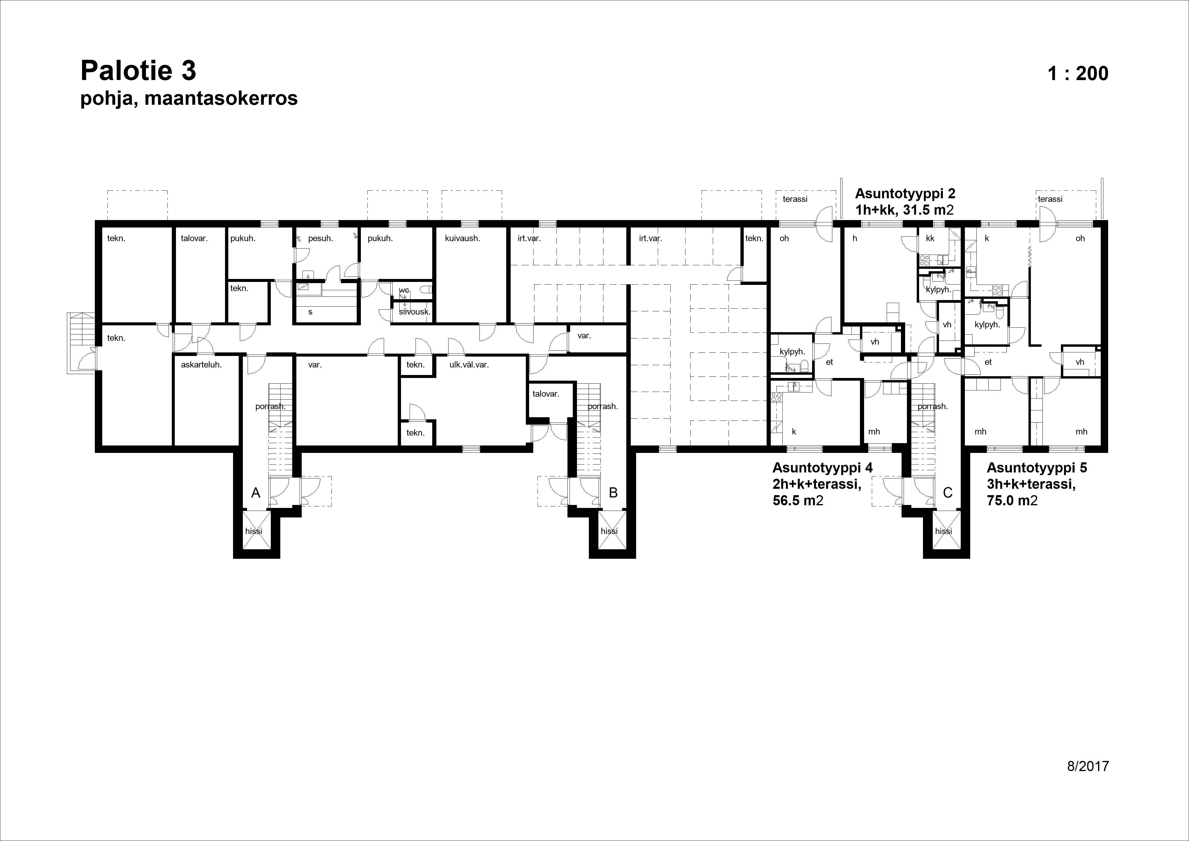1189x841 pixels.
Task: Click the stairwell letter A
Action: click(x=256, y=493)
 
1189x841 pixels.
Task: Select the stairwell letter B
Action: click(x=613, y=493)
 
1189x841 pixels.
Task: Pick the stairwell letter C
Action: click(x=948, y=493)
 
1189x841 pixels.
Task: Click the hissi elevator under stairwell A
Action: click(x=254, y=531)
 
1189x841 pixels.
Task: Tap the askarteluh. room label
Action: click(x=202, y=365)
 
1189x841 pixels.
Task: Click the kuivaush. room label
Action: click(x=463, y=239)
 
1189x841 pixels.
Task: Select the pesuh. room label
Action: click(x=320, y=239)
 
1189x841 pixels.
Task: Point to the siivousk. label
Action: click(x=415, y=312)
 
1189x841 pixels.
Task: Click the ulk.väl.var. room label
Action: click(x=469, y=365)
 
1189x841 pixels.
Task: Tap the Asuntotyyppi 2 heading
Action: click(x=905, y=194)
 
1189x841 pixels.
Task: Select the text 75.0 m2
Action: click(x=1012, y=500)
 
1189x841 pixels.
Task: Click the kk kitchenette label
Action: click(x=930, y=239)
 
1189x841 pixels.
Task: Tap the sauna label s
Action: click(x=310, y=312)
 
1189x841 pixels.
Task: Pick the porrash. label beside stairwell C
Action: click(x=933, y=407)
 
